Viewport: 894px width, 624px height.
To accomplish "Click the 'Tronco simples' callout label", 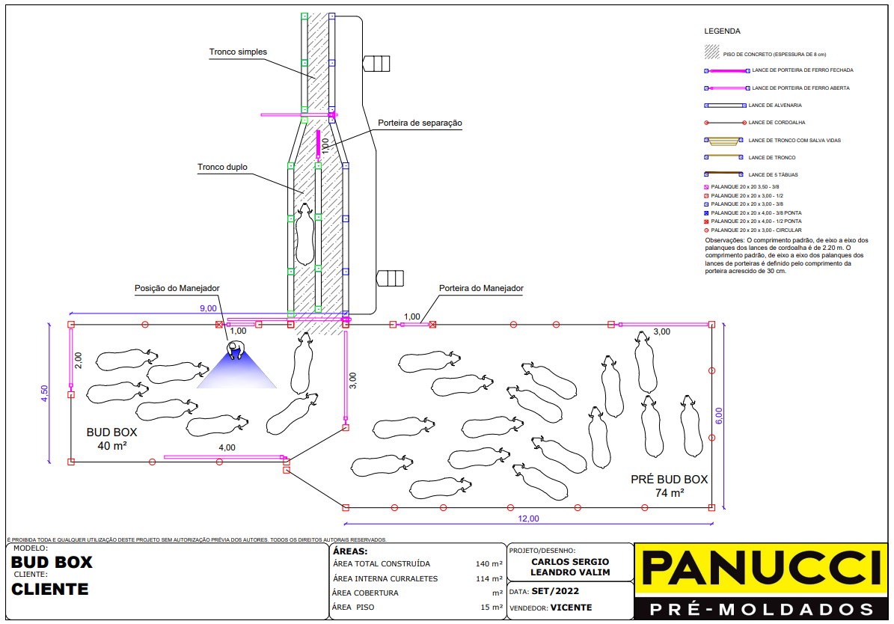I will coord(238,52).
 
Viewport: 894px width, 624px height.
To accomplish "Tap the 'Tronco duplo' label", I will coord(222,168).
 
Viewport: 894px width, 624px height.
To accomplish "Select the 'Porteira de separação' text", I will coord(420,123).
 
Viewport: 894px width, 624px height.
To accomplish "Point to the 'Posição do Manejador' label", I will coord(177,288).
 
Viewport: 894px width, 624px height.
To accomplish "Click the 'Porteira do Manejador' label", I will coord(481,288).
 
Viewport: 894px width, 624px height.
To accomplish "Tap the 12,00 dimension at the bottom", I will coord(528,518).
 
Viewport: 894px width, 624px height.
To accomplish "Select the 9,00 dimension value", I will coord(208,308).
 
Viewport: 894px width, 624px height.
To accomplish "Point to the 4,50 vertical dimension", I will coord(45,394).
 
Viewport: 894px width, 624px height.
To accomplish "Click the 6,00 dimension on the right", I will coord(719,417).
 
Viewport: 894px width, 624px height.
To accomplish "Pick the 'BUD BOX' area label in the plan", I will coord(111,432).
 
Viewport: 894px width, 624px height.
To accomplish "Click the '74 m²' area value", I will coord(670,493).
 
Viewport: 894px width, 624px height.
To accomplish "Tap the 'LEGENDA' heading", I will coord(722,31).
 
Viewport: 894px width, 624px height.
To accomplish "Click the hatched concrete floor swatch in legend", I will coord(711,53).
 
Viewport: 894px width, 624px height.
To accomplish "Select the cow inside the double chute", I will coord(304,235).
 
